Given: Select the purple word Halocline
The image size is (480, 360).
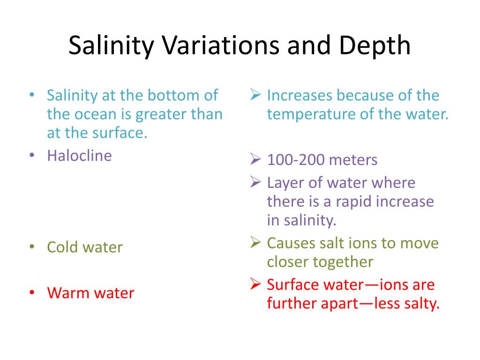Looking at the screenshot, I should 79,156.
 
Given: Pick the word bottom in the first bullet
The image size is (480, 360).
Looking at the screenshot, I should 172,96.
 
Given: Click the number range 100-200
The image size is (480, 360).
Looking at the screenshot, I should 295,160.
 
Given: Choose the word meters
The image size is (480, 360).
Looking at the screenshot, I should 353,160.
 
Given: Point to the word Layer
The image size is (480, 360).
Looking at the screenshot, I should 284,183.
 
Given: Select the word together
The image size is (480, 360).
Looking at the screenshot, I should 342,262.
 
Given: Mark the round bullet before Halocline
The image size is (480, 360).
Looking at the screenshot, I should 31,156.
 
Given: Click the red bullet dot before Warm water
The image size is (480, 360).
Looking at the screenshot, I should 31,293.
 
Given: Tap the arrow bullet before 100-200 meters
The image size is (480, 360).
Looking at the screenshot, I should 255,160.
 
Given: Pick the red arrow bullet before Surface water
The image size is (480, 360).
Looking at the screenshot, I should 255,285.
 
